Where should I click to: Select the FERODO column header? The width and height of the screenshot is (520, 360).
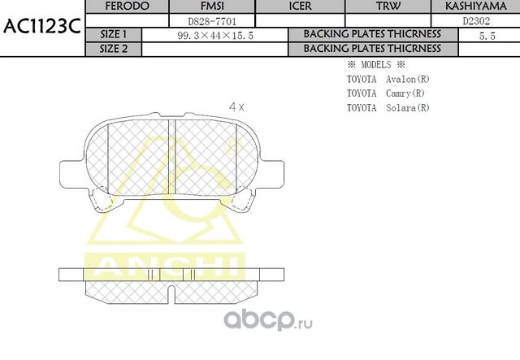tap(126, 7)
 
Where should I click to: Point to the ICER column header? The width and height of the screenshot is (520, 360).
tap(301, 7)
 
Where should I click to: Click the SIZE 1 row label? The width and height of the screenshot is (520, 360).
tap(113, 34)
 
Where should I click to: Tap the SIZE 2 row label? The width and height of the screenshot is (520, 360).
tap(113, 48)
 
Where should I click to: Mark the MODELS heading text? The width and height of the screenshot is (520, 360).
tap(376, 64)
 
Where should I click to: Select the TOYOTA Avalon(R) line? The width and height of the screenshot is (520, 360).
tap(388, 79)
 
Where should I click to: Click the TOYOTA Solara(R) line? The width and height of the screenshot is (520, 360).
tap(388, 107)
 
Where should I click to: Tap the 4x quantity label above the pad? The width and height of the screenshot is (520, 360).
tap(236, 106)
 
